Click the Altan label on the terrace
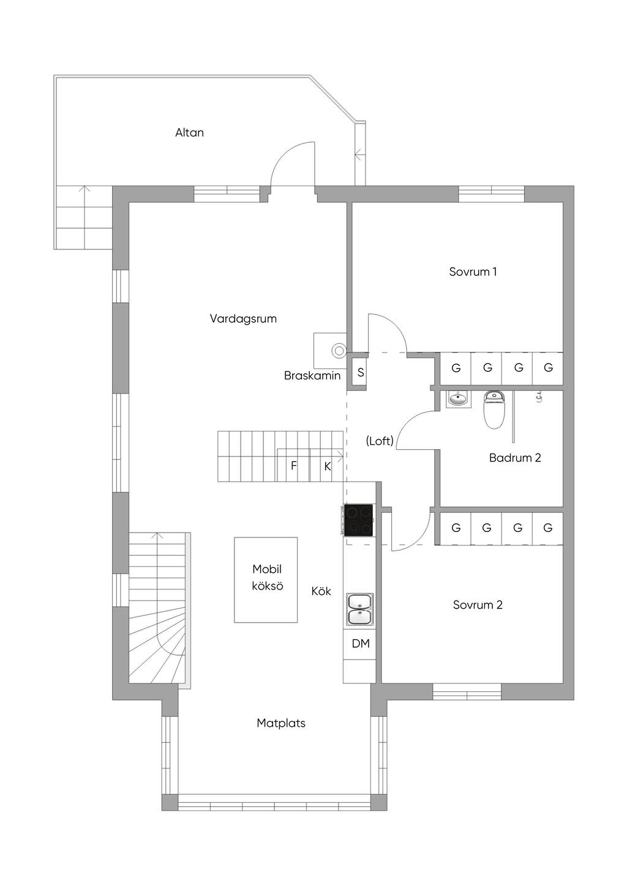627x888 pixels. [x=189, y=132]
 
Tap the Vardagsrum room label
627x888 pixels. [x=243, y=319]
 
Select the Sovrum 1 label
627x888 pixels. [x=473, y=271]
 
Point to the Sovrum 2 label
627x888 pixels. [x=478, y=604]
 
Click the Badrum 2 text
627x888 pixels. [x=515, y=458]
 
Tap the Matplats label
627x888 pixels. [x=281, y=723]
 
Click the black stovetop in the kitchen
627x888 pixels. [x=358, y=520]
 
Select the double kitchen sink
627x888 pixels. [x=359, y=611]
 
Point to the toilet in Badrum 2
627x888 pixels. [x=494, y=411]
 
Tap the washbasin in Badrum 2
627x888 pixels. [x=459, y=399]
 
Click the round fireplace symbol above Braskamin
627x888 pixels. [x=339, y=350]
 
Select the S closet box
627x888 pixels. [x=360, y=372]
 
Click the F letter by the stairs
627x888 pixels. [x=293, y=465]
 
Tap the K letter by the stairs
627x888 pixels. [x=327, y=466]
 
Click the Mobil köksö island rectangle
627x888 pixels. [x=266, y=580]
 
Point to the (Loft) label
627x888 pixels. [x=380, y=441]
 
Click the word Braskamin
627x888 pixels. [x=312, y=376]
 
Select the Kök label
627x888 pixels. [x=321, y=591]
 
